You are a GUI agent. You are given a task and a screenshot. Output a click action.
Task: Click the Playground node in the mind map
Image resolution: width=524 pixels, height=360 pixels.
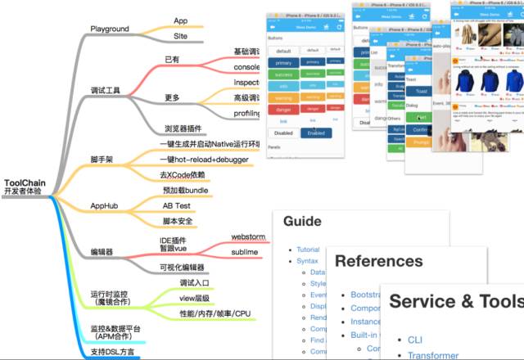pyautogui.click(x=110, y=28)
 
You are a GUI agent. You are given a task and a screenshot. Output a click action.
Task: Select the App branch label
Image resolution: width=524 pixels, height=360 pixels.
pyautogui.click(x=181, y=20)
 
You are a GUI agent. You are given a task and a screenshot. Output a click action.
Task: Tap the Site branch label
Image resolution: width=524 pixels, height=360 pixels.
pyautogui.click(x=181, y=37)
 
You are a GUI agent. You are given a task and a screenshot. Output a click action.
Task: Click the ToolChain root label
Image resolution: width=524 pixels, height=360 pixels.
pyautogui.click(x=25, y=183)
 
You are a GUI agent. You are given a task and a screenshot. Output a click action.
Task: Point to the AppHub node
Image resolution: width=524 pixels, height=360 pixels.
pyautogui.click(x=108, y=205)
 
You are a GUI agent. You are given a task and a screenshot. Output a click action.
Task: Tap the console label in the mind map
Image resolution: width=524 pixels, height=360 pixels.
pyautogui.click(x=246, y=67)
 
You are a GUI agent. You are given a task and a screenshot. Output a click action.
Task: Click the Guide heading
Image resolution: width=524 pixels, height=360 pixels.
pyautogui.click(x=301, y=222)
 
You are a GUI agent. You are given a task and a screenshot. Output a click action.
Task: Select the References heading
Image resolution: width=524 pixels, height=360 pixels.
pyautogui.click(x=379, y=261)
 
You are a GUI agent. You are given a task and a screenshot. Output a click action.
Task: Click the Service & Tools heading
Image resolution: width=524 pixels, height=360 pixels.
pyautogui.click(x=455, y=300)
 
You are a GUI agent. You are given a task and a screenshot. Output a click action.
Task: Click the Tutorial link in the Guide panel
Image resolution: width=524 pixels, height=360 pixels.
pyautogui.click(x=309, y=249)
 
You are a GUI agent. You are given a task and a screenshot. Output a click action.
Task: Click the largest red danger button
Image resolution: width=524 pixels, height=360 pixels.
pyautogui.click(x=284, y=107)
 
